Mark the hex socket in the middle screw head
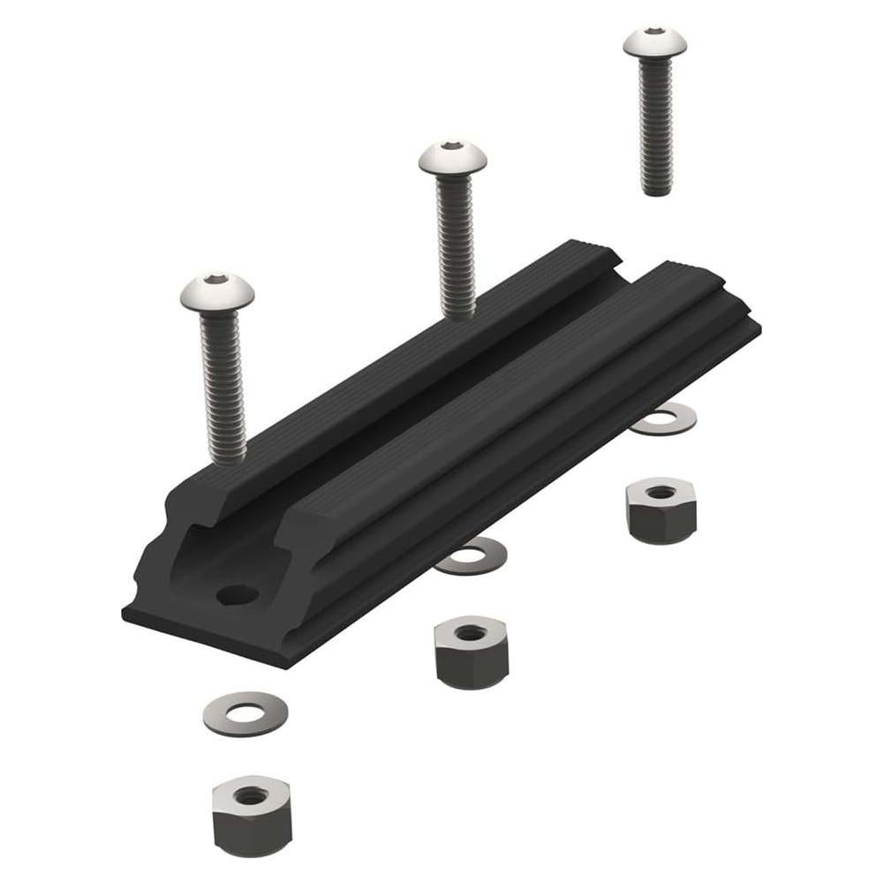tap(451, 146)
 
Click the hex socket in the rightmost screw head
tap(654, 31)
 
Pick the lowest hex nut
tap(252, 814)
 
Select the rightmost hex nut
tap(660, 509)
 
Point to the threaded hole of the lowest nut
tap(252, 796)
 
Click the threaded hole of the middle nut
tap(470, 632)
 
